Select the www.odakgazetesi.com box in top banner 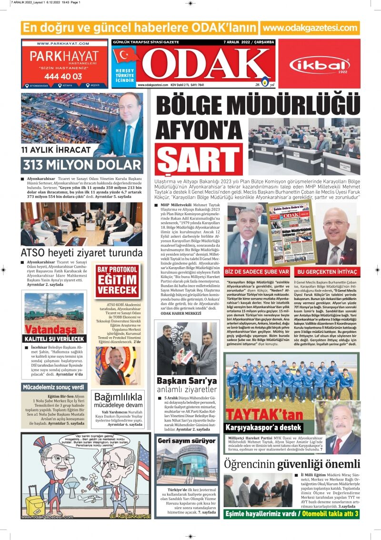310,28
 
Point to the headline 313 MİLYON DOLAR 82,165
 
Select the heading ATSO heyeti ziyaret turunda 81,252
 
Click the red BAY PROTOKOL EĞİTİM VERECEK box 117,280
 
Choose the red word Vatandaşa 50,329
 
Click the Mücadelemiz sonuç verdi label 54,387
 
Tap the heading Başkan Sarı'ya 187,381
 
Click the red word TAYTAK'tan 264,415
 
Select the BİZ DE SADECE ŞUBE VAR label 257,271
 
